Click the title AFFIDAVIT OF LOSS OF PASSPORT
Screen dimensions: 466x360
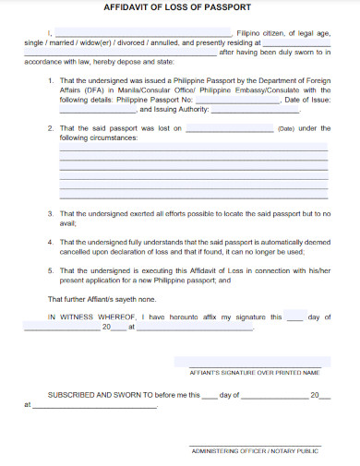click(179, 8)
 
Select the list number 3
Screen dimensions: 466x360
click(51, 213)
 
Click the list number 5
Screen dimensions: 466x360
click(51, 270)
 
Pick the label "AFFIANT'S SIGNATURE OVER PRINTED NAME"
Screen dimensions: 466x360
click(254, 373)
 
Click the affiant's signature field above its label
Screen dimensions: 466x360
click(254, 363)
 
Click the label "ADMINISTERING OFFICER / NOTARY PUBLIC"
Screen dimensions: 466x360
click(254, 451)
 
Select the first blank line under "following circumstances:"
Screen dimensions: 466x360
click(193, 149)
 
